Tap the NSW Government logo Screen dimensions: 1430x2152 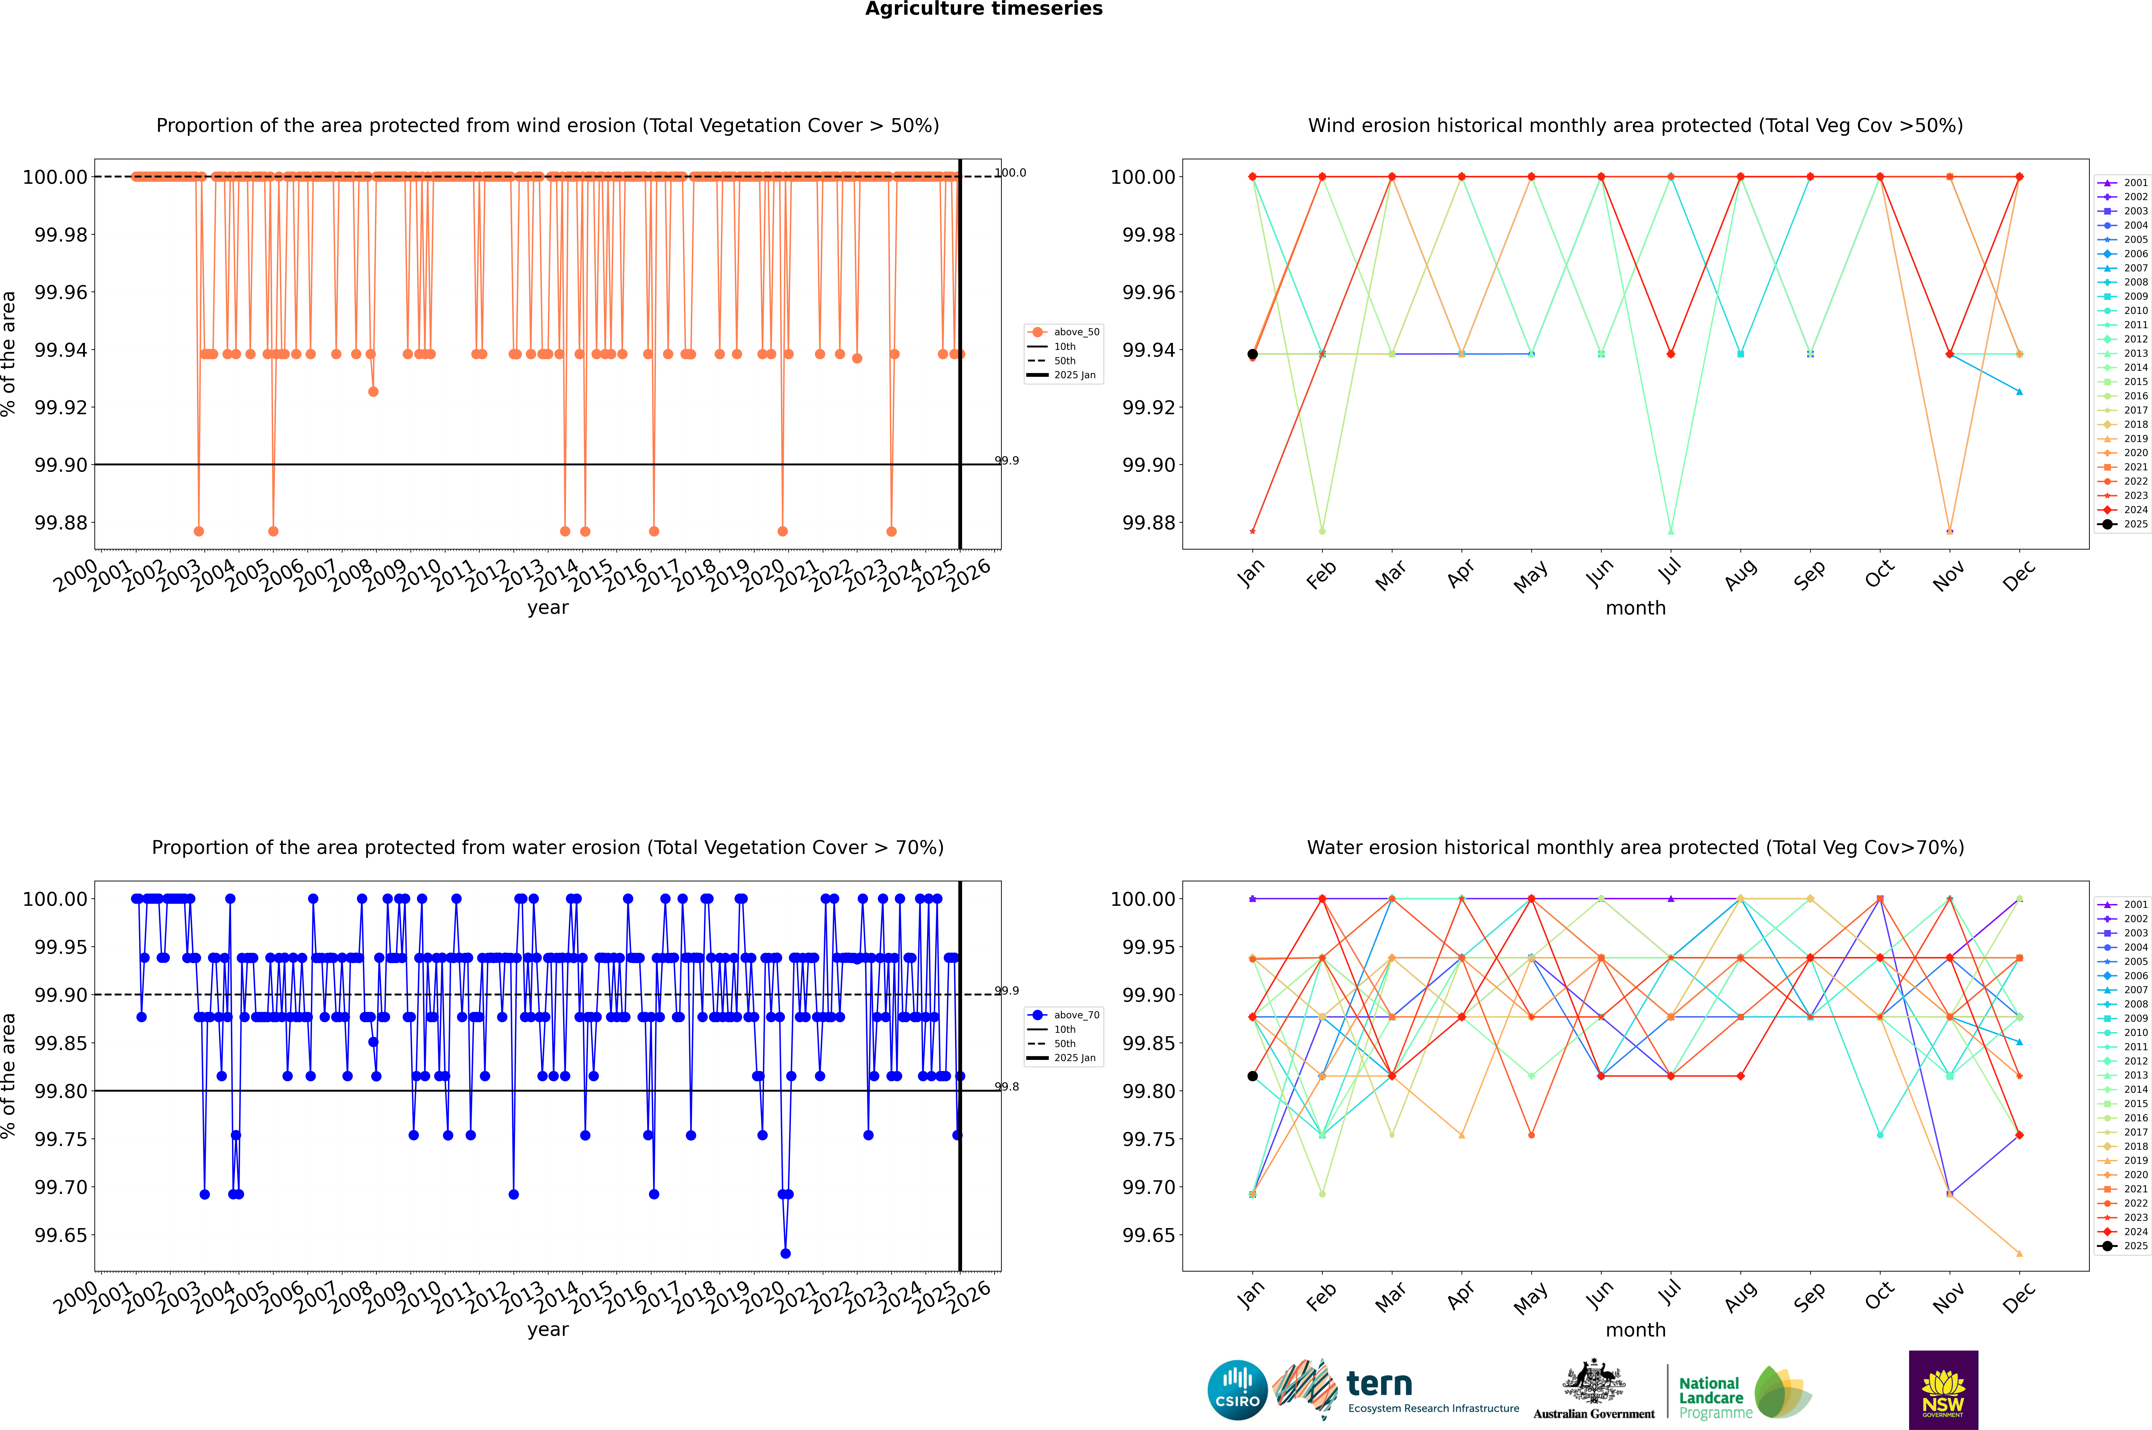coord(1943,1390)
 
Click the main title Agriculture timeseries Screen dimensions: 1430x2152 coord(983,9)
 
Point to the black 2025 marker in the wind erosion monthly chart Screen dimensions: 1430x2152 coord(1253,354)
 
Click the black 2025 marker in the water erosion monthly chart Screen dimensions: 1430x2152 coord(1253,1076)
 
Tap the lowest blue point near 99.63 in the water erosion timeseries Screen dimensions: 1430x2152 coord(786,1253)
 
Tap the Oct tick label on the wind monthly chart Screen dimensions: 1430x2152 coord(1879,574)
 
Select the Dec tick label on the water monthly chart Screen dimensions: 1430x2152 coord(2019,1297)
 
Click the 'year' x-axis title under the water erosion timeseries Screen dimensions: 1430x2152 coord(547,1330)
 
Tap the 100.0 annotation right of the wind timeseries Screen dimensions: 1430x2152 coord(1010,172)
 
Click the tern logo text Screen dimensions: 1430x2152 coord(1379,1385)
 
